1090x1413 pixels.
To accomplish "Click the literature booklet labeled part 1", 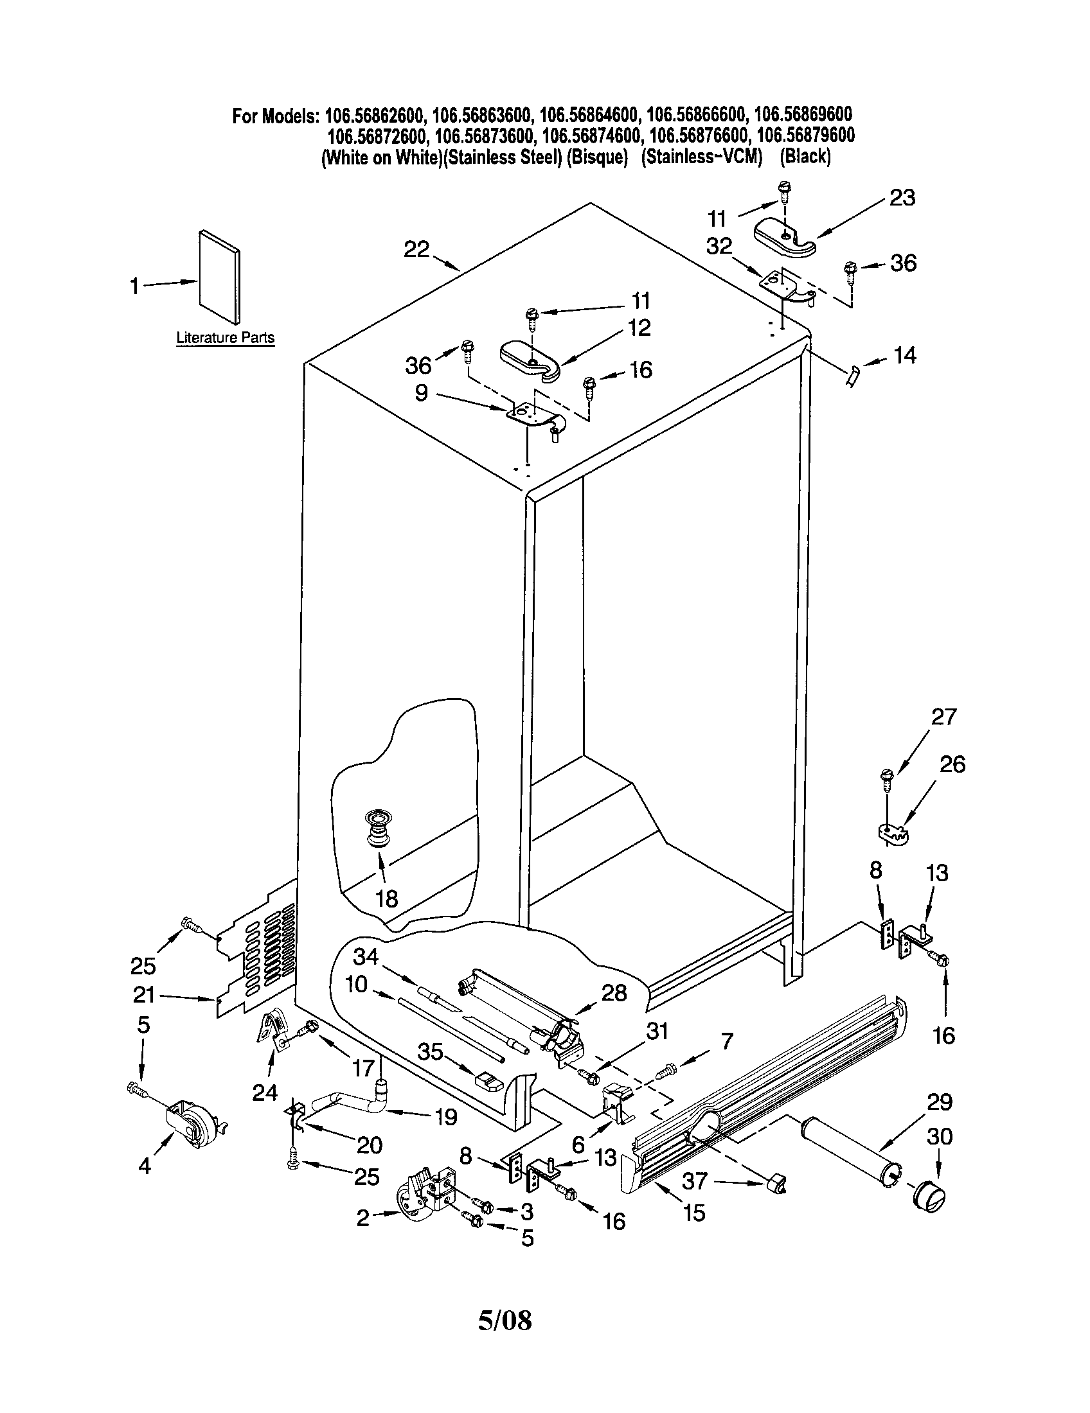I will point(219,276).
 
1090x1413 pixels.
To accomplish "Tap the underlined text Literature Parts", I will point(225,338).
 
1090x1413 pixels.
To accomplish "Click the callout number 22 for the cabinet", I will point(416,249).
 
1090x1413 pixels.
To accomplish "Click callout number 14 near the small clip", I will point(905,355).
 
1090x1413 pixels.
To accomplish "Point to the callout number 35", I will point(431,1053).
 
